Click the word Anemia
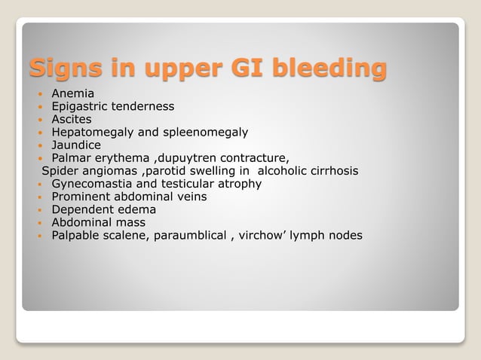point(73,93)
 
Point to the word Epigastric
point(81,106)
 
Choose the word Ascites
point(72,119)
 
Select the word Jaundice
point(75,145)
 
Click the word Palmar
point(71,158)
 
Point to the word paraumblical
point(193,236)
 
